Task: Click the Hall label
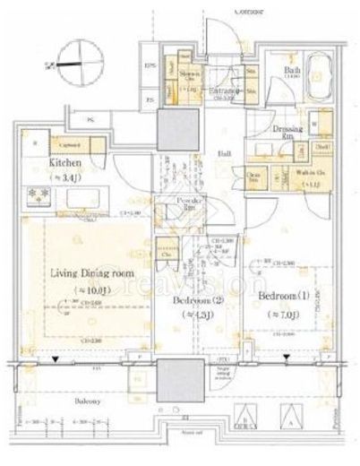(x=225, y=153)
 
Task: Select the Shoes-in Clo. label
(x=189, y=76)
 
